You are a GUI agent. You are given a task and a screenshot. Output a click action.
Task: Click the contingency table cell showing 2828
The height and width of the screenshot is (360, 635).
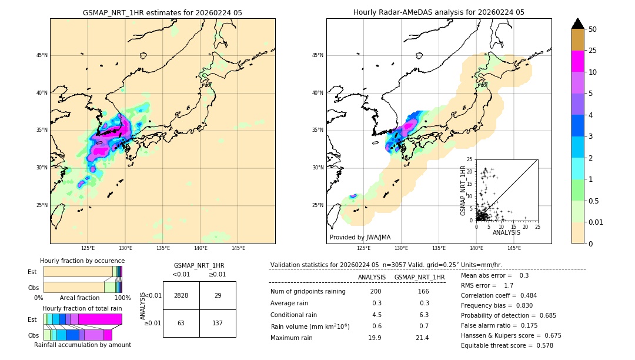pos(181,295)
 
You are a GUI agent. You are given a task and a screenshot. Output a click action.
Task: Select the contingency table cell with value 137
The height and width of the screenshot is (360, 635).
pos(218,323)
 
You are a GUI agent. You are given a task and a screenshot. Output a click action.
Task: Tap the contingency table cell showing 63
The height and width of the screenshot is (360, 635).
pos(181,323)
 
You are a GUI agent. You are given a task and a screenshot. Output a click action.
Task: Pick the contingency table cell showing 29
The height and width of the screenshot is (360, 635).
pos(218,295)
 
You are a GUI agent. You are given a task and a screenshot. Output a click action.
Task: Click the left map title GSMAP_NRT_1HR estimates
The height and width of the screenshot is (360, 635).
pos(162,12)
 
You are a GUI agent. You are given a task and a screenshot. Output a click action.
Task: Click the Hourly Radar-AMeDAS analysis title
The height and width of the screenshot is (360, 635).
pos(439,12)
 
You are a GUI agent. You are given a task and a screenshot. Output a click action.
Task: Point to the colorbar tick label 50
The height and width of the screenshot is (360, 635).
pos(593,29)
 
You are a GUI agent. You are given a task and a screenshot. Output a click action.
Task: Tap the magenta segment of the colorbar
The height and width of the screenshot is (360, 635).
pos(577,61)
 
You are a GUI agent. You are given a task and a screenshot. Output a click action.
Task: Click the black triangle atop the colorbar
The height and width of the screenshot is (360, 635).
pos(577,24)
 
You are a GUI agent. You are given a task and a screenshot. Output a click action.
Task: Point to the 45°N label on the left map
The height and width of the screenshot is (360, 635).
pos(41,55)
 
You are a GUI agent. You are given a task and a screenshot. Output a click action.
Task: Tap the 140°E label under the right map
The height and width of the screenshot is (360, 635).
pos(476,248)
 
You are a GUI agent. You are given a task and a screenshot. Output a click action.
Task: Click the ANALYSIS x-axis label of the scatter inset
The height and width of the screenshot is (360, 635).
pos(506,232)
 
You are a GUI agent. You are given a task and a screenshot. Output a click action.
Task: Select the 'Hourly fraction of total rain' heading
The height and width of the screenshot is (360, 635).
pos(82,308)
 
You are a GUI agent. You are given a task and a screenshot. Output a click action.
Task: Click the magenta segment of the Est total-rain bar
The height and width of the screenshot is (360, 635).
pos(100,319)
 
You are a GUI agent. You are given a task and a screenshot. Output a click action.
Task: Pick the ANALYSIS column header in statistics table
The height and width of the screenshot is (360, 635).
pos(372,277)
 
